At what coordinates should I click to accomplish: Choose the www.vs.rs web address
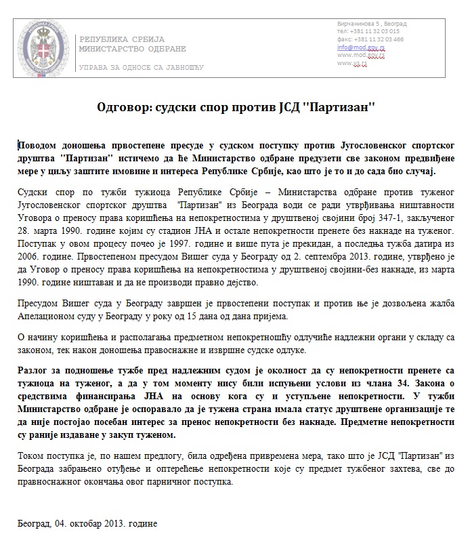352,63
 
